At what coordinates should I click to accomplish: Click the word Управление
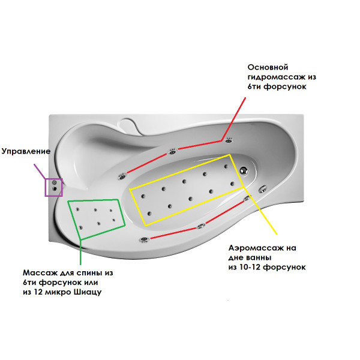click(25, 151)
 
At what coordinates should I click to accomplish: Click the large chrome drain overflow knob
click(244, 170)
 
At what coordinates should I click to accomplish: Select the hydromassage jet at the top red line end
click(229, 142)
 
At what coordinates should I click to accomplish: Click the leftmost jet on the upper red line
click(122, 176)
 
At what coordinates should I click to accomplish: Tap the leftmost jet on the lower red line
click(144, 240)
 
